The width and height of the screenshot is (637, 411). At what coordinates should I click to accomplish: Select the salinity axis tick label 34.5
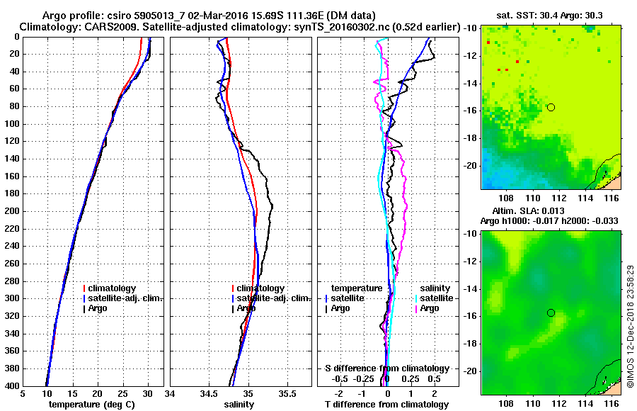tap(209, 394)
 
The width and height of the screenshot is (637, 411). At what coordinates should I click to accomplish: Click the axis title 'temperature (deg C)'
tap(91, 405)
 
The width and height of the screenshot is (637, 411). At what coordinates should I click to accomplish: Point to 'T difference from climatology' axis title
tap(386, 405)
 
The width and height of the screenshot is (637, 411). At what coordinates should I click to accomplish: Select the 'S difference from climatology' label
tap(386, 368)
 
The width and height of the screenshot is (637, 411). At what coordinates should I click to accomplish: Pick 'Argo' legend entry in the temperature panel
tap(98, 308)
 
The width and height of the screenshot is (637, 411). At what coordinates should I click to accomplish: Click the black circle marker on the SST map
tap(551, 107)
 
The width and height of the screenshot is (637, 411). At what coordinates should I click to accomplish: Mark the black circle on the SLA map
tap(551, 313)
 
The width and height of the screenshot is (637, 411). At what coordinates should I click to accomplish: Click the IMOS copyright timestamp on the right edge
tap(630, 312)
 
